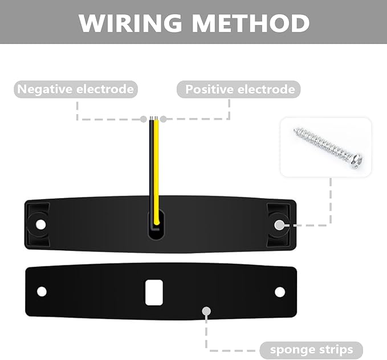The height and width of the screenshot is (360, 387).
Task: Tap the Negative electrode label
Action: pos(76,89)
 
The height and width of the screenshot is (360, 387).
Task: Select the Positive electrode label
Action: pos(240,90)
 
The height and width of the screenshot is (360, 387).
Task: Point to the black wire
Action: pos(152,165)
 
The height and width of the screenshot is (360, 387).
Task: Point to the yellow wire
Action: pos(157,165)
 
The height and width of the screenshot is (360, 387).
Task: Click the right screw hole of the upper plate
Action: pos(279,225)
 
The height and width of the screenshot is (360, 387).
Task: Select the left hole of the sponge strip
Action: pos(42,292)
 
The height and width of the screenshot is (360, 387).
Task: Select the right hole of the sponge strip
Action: pos(279,292)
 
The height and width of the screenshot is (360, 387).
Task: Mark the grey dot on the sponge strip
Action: pos(206,312)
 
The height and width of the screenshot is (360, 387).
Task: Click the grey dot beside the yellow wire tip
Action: pos(164,119)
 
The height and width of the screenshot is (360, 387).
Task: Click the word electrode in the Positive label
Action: pos(267,90)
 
